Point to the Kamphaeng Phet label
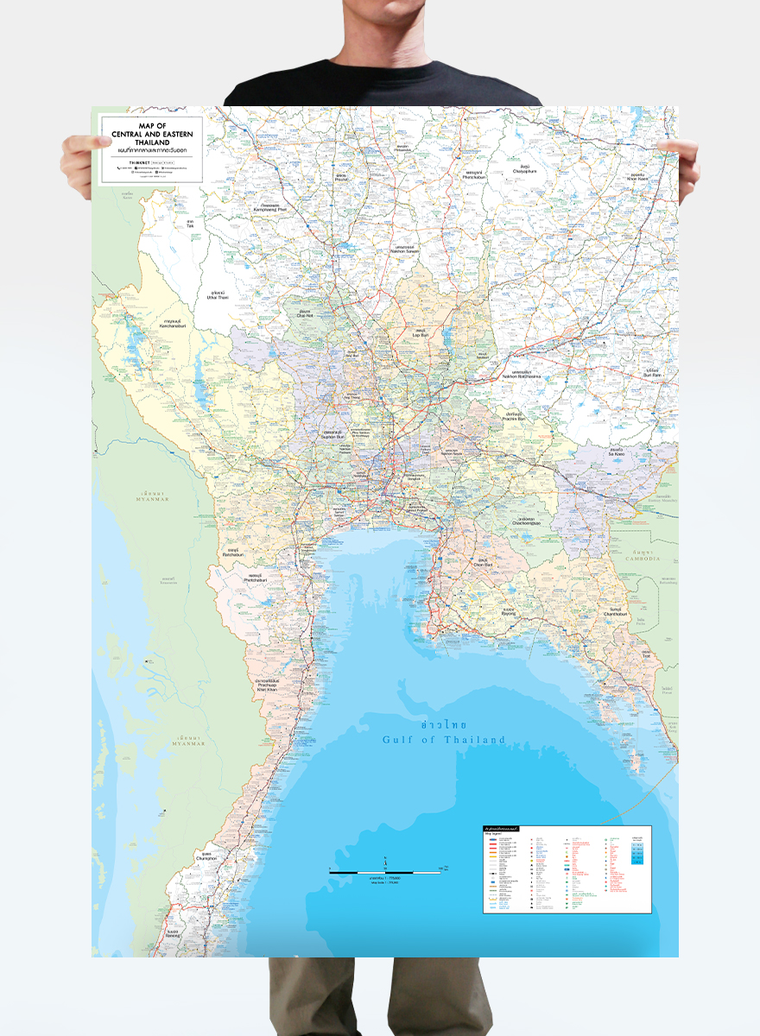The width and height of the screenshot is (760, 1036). click(269, 207)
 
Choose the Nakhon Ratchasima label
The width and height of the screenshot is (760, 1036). click(521, 376)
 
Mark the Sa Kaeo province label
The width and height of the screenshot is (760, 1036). click(616, 452)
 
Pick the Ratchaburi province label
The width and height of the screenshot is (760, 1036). click(232, 553)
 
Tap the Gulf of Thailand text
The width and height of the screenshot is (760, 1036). click(443, 740)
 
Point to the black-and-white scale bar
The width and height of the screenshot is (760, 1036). click(384, 873)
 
